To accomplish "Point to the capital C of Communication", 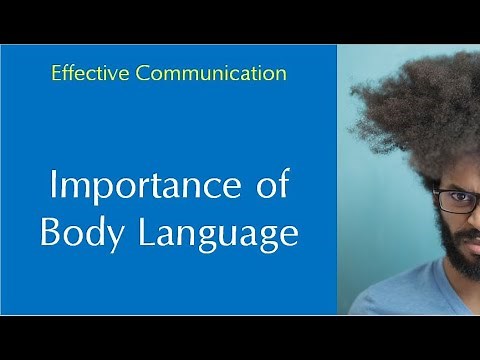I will coord(173,73).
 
